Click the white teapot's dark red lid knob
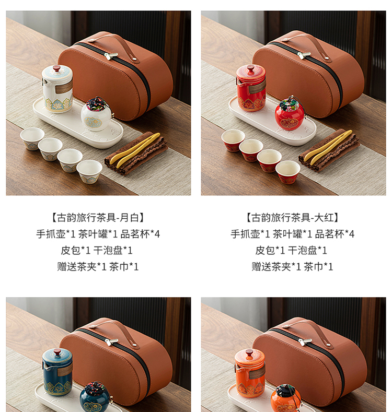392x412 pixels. (x=56, y=68)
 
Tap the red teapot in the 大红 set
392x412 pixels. (x=251, y=88)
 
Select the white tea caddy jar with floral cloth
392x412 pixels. (x=96, y=114)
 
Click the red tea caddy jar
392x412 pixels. (x=290, y=113)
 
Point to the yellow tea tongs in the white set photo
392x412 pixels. (x=134, y=150)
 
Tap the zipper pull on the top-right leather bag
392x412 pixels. (x=304, y=55)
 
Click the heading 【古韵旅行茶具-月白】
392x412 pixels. (x=98, y=218)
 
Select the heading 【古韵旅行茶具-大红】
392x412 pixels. (x=292, y=218)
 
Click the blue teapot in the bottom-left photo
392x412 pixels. (x=57, y=372)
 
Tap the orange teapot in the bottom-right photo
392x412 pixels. (x=250, y=373)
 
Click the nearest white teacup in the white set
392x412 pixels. (x=89, y=172)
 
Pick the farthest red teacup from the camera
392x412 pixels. (x=233, y=140)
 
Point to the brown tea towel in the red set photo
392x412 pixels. (x=329, y=150)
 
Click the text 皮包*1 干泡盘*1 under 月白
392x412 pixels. (x=97, y=251)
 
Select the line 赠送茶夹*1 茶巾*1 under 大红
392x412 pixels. (x=292, y=267)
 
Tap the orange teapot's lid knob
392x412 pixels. (x=249, y=352)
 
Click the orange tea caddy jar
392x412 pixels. (x=286, y=398)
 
